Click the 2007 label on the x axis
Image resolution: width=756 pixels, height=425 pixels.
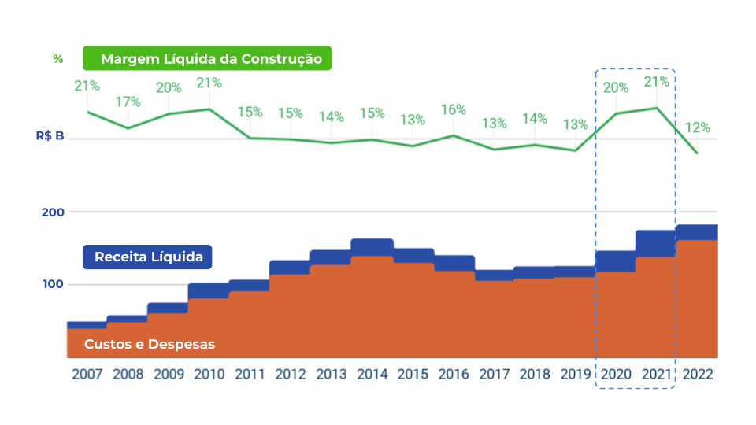tap(87, 375)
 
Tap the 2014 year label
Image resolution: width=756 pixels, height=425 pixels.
tap(372, 375)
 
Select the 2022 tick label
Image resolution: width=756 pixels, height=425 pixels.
tap(697, 375)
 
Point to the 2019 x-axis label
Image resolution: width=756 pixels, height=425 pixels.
tap(575, 375)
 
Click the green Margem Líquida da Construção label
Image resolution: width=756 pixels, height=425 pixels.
tap(207, 59)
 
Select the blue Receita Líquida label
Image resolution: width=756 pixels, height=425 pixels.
tap(148, 257)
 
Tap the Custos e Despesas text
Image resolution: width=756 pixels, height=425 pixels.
tap(150, 344)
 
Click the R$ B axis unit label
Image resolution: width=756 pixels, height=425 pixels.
tap(50, 135)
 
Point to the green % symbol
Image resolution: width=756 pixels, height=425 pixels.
tap(57, 59)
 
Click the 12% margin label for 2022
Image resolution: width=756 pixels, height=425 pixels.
tap(697, 128)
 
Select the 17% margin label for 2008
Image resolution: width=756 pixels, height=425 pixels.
tap(128, 102)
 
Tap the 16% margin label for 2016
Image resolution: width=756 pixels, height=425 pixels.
tap(453, 109)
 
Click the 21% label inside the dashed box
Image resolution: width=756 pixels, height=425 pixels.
tap(657, 81)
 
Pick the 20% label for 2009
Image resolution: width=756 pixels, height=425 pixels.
tap(169, 87)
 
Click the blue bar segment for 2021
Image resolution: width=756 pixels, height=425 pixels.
tap(656, 243)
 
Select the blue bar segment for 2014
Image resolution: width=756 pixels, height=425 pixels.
tap(372, 247)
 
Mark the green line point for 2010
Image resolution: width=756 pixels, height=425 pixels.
tap(209, 109)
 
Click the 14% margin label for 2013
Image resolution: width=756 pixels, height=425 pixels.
tap(331, 116)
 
